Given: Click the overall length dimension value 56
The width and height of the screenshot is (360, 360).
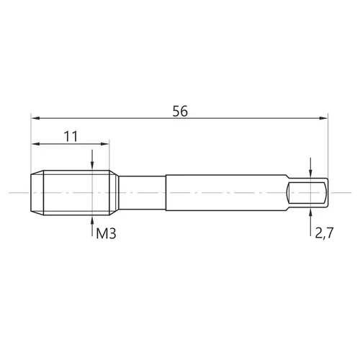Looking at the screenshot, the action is pyautogui.click(x=180, y=111).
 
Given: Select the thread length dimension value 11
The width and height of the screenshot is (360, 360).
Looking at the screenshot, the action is pyautogui.click(x=71, y=137).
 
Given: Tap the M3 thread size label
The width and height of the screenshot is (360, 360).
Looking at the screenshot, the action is pyautogui.click(x=106, y=233).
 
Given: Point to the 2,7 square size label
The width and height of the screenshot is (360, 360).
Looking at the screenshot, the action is pyautogui.click(x=324, y=233).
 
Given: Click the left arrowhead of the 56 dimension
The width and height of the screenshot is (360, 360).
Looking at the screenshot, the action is pyautogui.click(x=35, y=118).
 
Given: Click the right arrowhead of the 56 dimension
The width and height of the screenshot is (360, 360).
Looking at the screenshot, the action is pyautogui.click(x=323, y=118).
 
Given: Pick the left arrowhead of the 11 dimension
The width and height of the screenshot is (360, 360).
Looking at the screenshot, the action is pyautogui.click(x=35, y=144).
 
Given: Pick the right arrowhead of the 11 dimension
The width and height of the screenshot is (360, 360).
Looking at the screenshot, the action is pyautogui.click(x=105, y=144).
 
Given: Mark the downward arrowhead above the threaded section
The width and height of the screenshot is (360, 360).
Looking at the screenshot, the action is pyautogui.click(x=92, y=166).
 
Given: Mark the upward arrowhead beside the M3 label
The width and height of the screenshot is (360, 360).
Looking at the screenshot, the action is pyautogui.click(x=92, y=220).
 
